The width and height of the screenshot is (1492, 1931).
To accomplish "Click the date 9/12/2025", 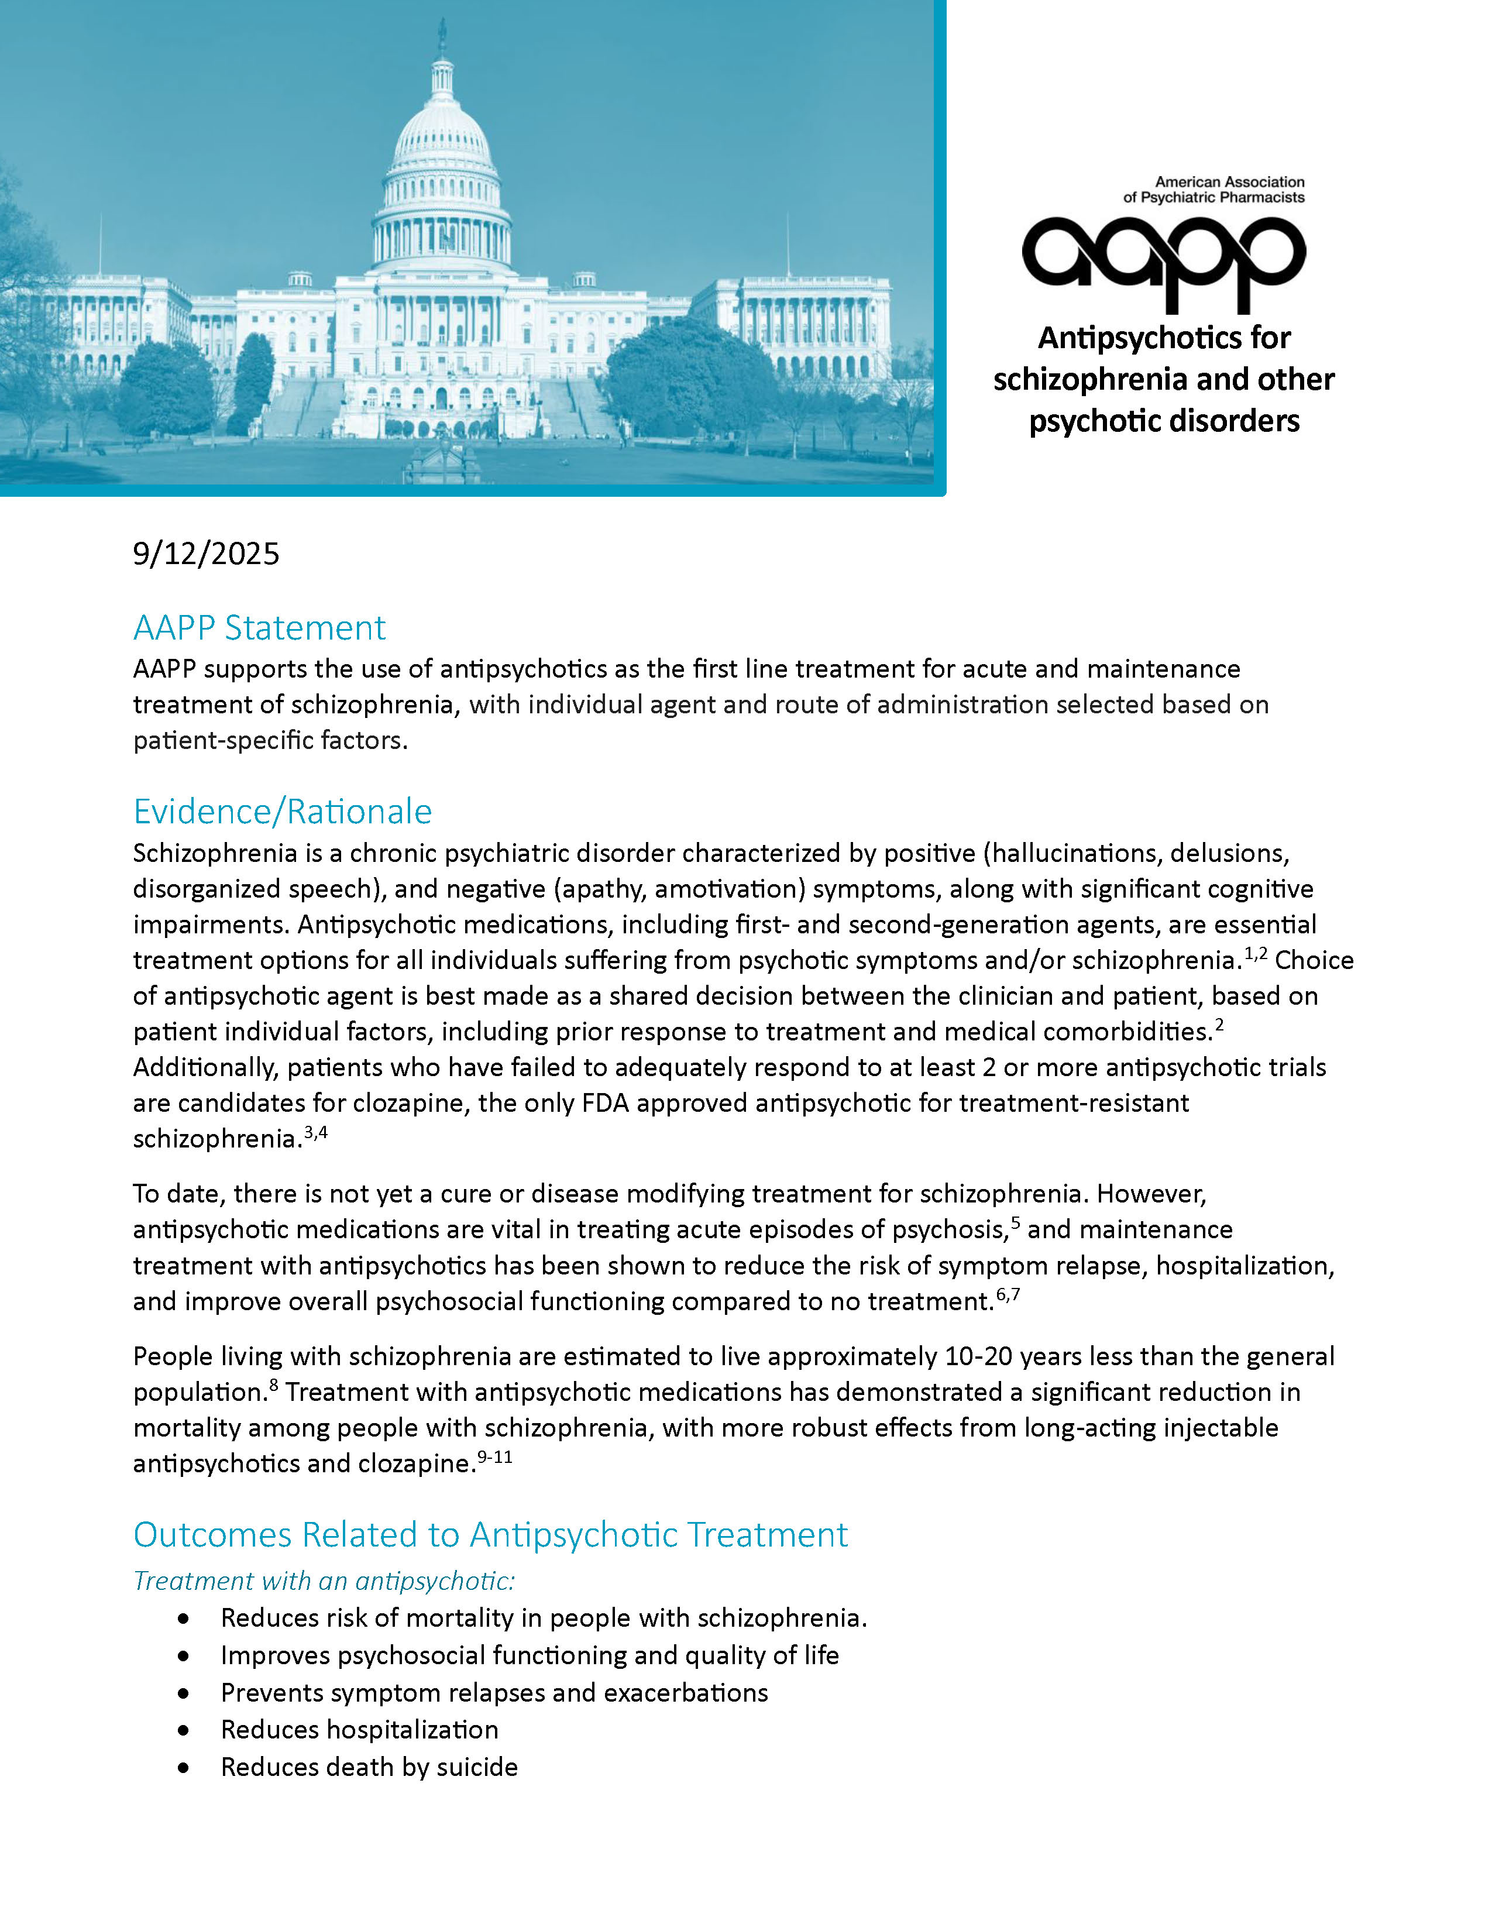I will (206, 554).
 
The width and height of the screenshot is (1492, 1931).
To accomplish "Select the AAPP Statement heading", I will (259, 628).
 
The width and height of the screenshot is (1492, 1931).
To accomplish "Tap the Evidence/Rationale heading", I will (282, 812).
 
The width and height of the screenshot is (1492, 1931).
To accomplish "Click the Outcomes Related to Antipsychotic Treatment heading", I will (490, 1535).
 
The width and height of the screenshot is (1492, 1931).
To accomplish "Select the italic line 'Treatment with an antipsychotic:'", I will (324, 1581).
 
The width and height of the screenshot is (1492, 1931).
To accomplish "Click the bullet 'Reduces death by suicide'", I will (369, 1767).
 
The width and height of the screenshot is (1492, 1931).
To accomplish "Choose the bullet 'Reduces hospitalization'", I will (359, 1729).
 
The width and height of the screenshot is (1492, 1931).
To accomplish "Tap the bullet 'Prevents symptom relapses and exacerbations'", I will (494, 1692).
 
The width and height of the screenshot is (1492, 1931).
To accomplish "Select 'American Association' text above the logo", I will (1229, 182).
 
